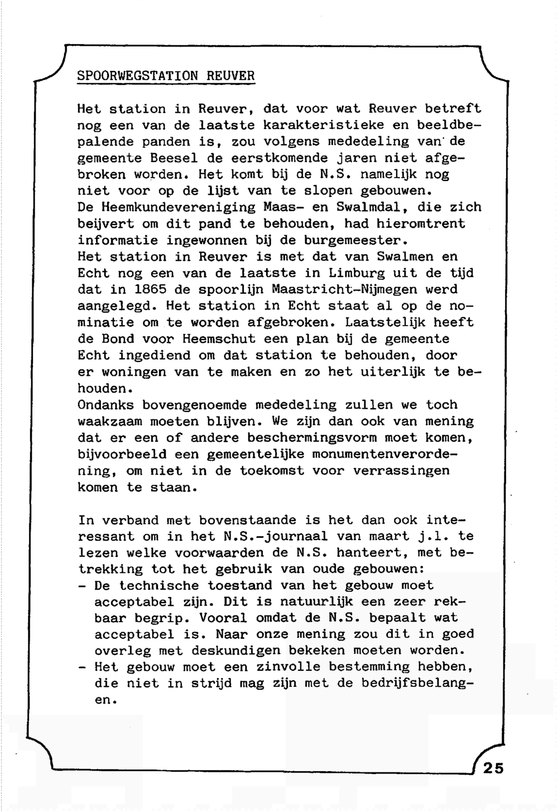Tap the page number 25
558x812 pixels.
click(x=493, y=768)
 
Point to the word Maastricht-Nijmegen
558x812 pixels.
click(x=344, y=290)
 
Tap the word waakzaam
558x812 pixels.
click(x=109, y=421)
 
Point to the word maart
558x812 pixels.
click(x=385, y=537)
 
